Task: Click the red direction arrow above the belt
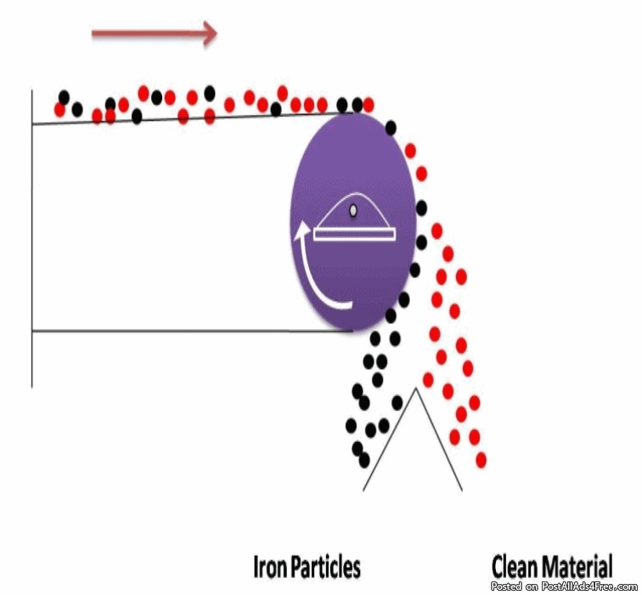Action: [153, 33]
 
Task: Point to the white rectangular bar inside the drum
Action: [353, 233]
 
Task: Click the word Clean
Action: [515, 567]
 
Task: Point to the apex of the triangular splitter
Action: [415, 389]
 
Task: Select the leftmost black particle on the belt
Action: [64, 97]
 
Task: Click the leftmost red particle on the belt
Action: [59, 110]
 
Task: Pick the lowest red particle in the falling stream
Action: [481, 460]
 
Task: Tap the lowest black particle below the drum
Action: [363, 459]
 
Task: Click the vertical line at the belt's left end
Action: [32, 238]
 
